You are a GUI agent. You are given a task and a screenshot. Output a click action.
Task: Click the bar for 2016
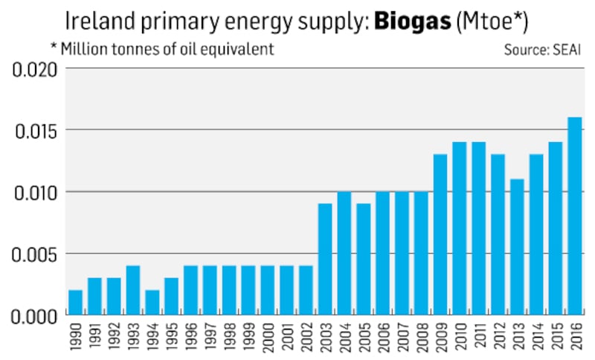(575, 216)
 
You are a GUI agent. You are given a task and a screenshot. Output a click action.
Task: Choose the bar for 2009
(440, 234)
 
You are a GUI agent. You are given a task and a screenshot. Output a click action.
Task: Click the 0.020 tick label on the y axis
(35, 69)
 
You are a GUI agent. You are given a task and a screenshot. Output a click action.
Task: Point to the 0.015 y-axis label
(35, 130)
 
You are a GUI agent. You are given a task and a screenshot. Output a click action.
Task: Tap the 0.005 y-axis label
(35, 254)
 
